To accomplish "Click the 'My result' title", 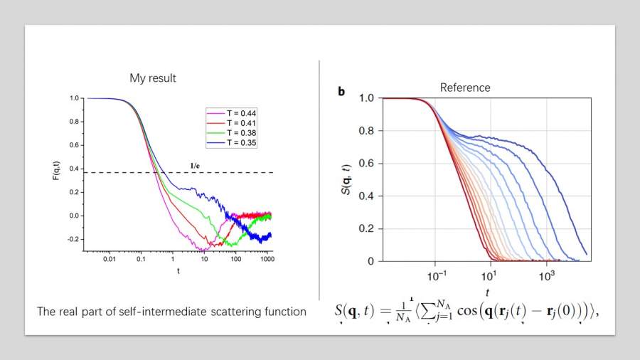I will tap(153, 78).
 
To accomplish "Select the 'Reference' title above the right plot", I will tap(465, 88).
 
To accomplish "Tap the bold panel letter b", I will tap(341, 91).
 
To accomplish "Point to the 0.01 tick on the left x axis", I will tap(110, 260).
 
